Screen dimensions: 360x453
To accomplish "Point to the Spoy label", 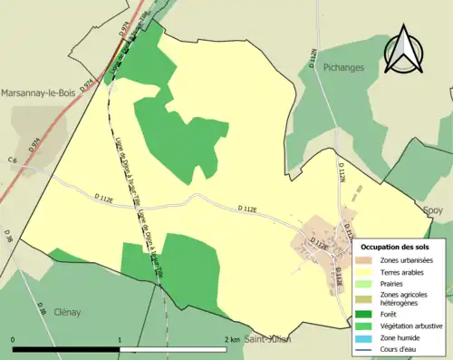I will coord(434,209).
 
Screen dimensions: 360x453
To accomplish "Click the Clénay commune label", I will coord(66,311).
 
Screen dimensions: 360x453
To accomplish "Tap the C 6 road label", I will coord(14,161).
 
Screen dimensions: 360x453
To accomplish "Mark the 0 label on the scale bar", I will coord(13,339).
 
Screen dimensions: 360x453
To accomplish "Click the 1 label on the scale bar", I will coord(120,339).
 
